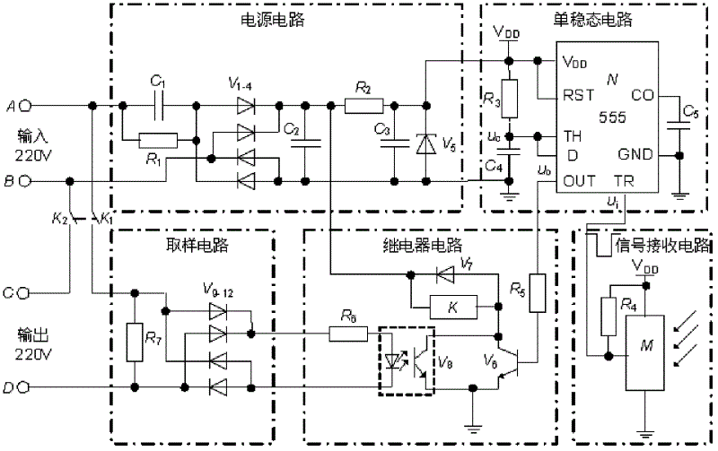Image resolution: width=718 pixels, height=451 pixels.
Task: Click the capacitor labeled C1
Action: tap(159, 105)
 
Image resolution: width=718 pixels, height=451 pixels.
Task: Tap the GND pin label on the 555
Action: tap(635, 154)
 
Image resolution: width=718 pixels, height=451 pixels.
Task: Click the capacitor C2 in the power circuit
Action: tap(305, 142)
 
